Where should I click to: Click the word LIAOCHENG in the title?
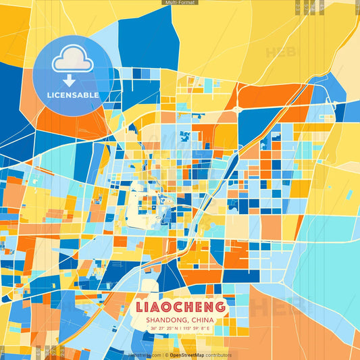coord(180,307)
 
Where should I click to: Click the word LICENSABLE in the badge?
coord(73,95)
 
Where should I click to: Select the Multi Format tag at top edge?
coord(180,3)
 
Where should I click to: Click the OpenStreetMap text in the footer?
coord(186,355)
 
